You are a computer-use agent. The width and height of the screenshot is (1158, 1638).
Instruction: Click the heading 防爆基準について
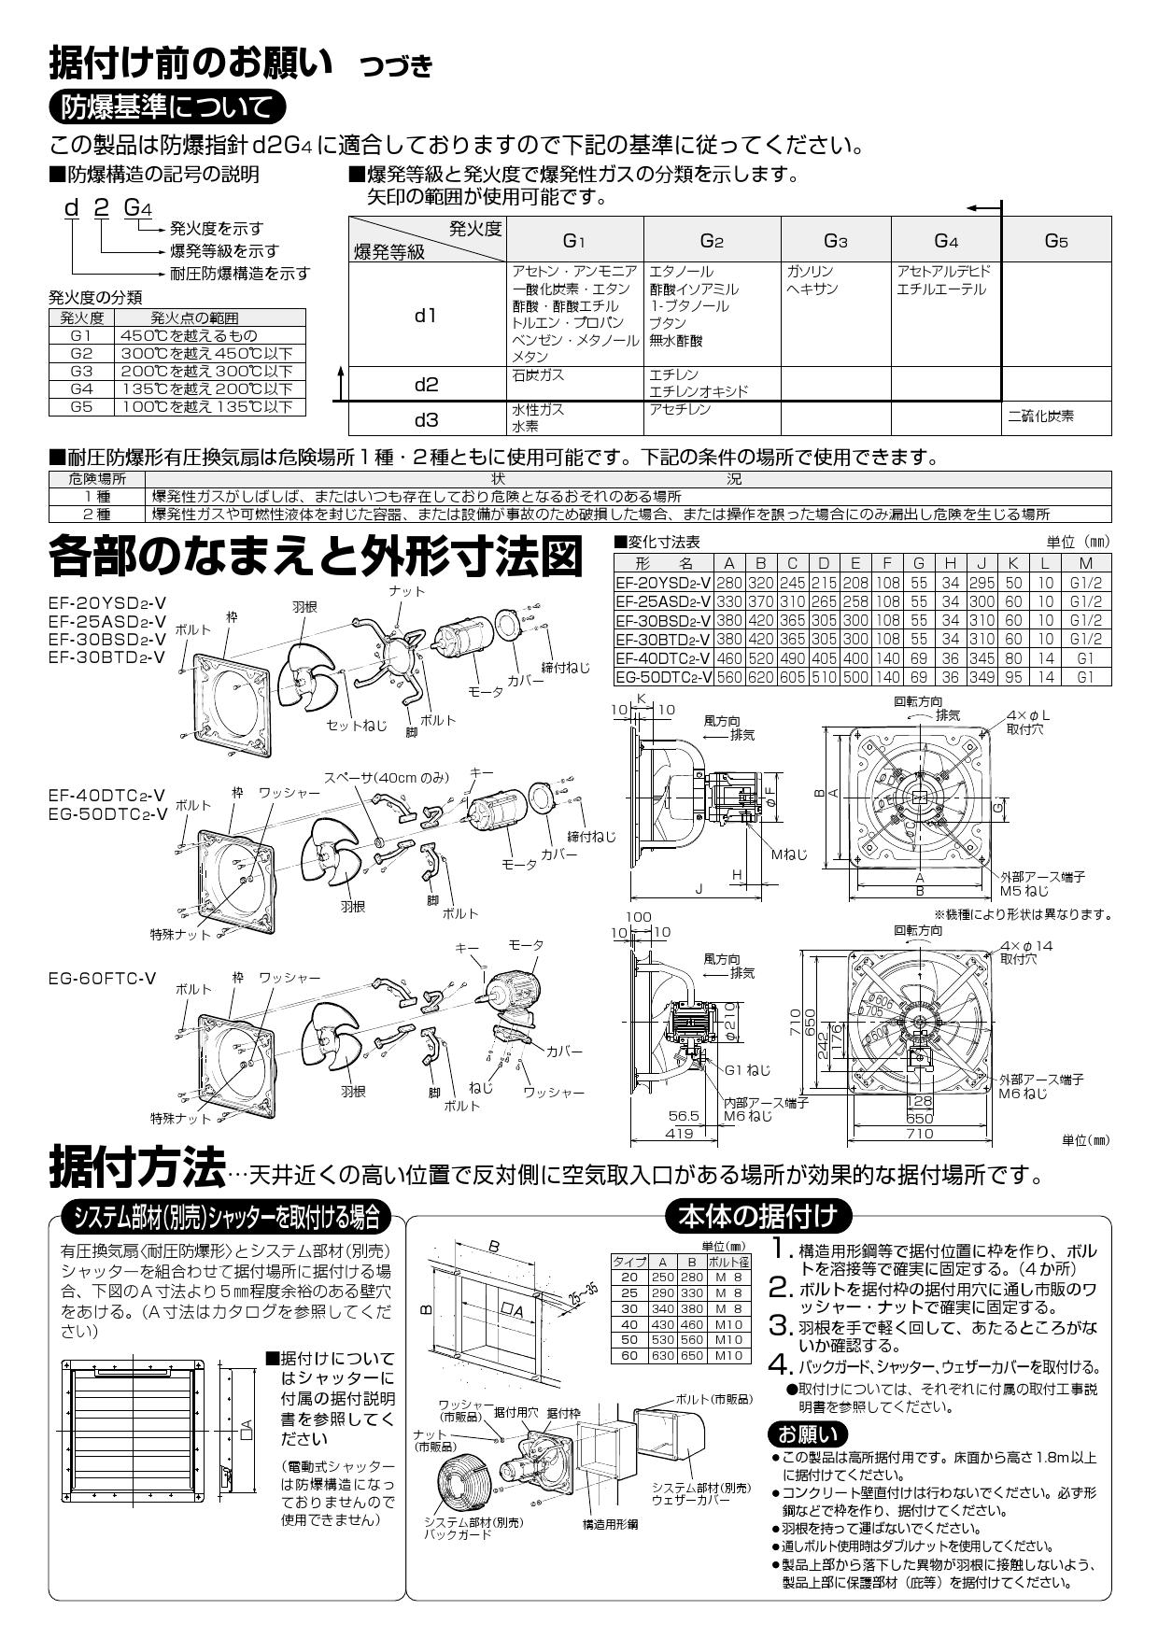[x=166, y=106]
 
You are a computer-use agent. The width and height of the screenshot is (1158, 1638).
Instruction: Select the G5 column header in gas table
[x=1055, y=241]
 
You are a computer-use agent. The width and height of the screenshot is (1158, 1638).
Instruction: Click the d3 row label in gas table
[x=426, y=418]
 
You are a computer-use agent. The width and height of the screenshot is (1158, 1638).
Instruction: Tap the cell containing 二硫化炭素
[x=1042, y=417]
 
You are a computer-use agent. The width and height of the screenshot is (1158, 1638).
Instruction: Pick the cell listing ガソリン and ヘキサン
[x=836, y=314]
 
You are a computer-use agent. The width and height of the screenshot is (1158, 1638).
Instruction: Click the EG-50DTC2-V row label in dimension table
[x=663, y=677]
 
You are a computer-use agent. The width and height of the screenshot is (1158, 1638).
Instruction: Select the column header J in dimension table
[x=981, y=563]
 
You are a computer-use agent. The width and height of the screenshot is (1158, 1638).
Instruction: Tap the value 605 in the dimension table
[x=792, y=677]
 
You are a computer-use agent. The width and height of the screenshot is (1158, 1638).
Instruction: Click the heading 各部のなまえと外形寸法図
[x=315, y=558]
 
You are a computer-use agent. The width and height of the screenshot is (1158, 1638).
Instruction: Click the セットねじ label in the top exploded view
[x=356, y=725]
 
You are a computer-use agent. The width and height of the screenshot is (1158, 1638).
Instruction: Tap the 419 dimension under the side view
[x=679, y=1133]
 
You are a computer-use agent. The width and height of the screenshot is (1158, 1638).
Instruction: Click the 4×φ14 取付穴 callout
[x=1025, y=952]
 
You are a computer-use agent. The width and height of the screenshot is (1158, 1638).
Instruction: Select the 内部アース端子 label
[x=766, y=1102]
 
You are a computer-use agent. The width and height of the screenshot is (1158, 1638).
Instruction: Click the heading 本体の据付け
[x=758, y=1216]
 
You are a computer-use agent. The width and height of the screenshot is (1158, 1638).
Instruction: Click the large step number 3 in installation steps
[x=781, y=1326]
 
